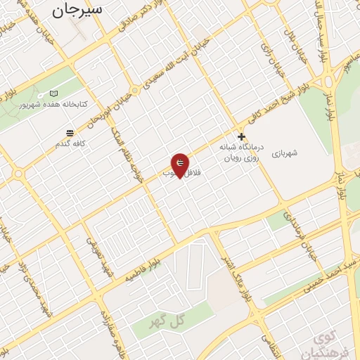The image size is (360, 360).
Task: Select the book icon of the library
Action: click(55, 93)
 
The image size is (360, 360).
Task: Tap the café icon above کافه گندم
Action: click(70, 133)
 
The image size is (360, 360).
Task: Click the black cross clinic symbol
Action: click(242, 136)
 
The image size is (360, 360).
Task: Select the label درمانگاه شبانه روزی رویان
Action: click(241, 153)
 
